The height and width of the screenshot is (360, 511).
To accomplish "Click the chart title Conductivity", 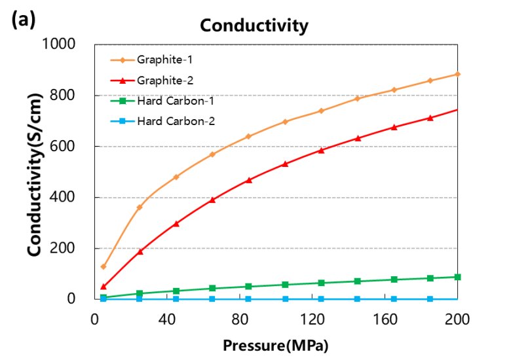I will [x=254, y=26].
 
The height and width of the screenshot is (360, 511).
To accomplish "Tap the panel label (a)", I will [x=24, y=20].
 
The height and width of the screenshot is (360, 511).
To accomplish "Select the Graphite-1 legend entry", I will [x=164, y=60].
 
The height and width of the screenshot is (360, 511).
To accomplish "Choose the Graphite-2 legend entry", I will [x=164, y=80].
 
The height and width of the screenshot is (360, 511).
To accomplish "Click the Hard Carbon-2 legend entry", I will [x=175, y=120].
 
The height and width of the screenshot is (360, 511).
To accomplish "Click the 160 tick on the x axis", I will [x=385, y=319].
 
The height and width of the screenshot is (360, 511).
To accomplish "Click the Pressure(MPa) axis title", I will [x=275, y=344].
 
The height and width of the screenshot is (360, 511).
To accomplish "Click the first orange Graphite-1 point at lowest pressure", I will [x=104, y=267].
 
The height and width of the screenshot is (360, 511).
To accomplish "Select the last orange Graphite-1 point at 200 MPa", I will [x=457, y=74].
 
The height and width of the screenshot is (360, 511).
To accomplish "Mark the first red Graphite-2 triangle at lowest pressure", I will [x=104, y=286].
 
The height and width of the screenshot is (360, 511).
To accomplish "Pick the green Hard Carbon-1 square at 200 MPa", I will [x=457, y=277].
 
